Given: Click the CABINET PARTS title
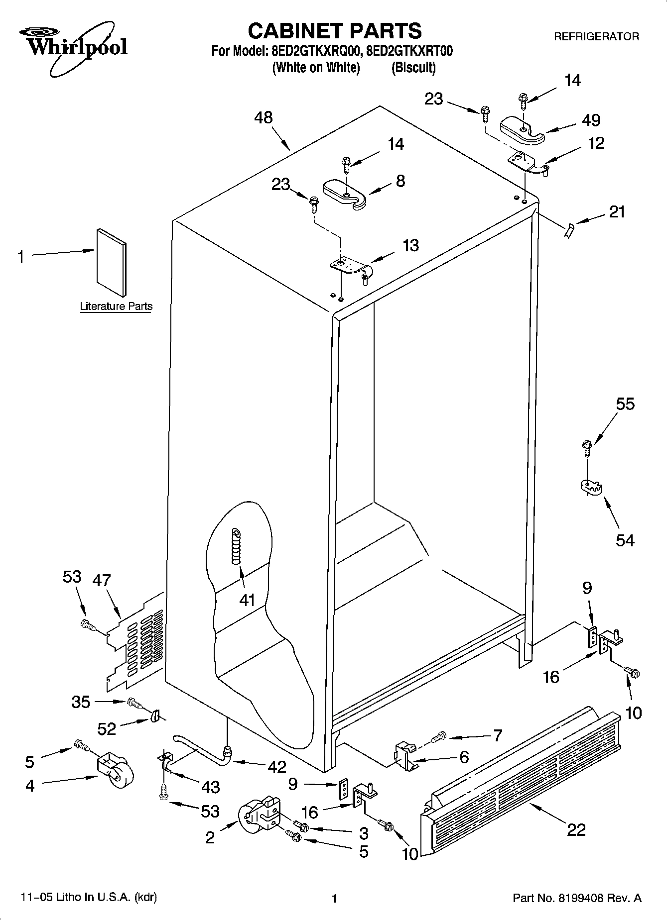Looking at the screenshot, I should [334, 31].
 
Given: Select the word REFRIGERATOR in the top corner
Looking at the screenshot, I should [596, 37].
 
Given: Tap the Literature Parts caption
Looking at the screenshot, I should [116, 307].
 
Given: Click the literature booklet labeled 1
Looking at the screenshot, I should [111, 262].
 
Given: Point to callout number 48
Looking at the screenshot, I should [264, 118].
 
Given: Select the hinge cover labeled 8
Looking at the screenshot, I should [344, 194].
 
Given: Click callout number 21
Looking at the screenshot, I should [617, 212].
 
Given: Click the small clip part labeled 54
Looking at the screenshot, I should [591, 487].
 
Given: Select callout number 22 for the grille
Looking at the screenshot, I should [576, 829].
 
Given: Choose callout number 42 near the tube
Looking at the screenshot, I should [277, 767].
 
